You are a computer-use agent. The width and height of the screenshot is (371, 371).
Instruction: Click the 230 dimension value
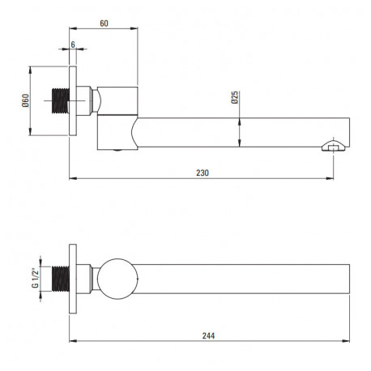[203, 173]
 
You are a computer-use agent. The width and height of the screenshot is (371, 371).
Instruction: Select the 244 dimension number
[209, 335]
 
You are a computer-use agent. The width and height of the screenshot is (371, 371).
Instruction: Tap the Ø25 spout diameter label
[235, 97]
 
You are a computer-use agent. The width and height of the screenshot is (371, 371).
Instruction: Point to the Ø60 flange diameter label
[25, 100]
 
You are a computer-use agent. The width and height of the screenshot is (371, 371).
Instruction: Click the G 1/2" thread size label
[36, 278]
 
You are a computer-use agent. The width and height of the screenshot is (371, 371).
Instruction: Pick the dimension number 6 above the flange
[73, 45]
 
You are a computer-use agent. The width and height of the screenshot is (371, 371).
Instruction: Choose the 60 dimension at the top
[104, 23]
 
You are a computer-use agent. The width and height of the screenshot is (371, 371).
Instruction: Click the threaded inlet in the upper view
[61, 100]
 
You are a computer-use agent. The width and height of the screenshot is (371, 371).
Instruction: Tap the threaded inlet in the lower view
[61, 279]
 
